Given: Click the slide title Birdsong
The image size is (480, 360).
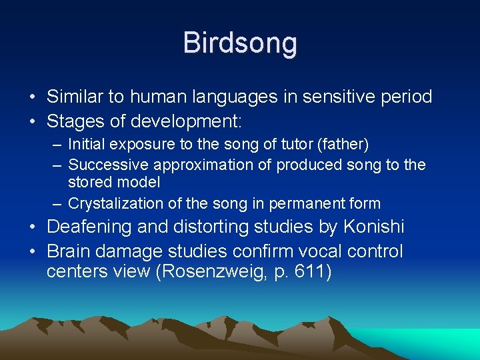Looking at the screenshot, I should [240, 43].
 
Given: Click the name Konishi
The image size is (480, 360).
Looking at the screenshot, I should [373, 227].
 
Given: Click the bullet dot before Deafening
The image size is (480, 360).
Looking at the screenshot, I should [32, 227].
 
